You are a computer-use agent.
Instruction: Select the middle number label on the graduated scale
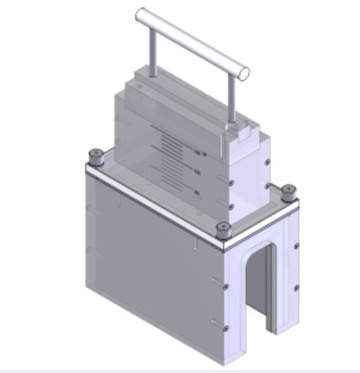tap(198, 172)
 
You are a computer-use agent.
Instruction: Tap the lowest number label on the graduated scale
tap(197, 192)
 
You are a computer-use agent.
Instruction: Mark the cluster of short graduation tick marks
tap(170, 154)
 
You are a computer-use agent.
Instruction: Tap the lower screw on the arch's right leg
tap(297, 289)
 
